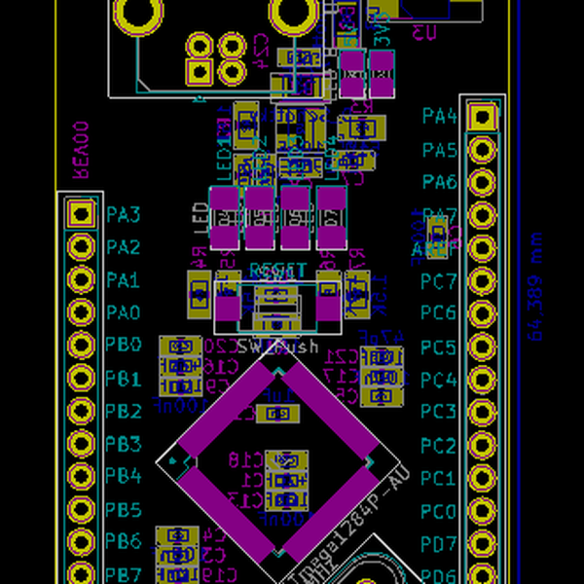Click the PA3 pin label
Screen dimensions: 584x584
click(x=124, y=214)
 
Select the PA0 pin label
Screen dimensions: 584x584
click(x=124, y=313)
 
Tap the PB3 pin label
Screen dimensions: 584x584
click(x=124, y=445)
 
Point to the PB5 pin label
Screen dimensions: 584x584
click(x=124, y=510)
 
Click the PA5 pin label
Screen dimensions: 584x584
click(x=440, y=150)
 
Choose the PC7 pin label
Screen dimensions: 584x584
click(x=439, y=282)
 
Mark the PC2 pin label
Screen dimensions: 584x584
click(x=439, y=446)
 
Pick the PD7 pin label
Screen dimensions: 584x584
click(x=439, y=543)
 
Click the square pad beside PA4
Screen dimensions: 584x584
click(x=482, y=118)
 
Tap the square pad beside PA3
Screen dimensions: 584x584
click(x=78, y=214)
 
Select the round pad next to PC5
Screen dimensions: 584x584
click(x=482, y=347)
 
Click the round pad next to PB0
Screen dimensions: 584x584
click(x=78, y=346)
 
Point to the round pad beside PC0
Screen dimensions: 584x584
click(x=482, y=511)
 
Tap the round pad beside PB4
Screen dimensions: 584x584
click(x=78, y=477)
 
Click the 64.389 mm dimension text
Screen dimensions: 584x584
click(x=534, y=286)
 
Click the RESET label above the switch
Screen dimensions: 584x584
click(x=277, y=271)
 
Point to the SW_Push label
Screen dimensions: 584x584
click(x=277, y=347)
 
